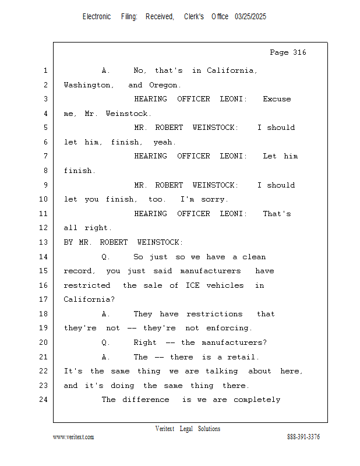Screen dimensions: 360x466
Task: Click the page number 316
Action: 299,52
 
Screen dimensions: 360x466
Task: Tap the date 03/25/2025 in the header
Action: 250,17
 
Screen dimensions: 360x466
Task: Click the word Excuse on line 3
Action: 277,99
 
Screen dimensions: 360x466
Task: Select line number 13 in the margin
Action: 44,242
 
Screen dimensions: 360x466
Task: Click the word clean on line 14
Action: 254,257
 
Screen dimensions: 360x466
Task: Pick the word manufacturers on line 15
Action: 210,271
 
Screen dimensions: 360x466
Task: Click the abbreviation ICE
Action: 193,285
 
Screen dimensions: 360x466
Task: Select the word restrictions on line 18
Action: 214,314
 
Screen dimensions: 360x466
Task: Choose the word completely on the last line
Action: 257,400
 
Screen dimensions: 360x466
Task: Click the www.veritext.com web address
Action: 73,437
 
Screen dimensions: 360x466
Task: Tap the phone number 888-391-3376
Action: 303,437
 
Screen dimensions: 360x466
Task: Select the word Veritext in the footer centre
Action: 165,429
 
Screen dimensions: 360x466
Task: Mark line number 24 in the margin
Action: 44,400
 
